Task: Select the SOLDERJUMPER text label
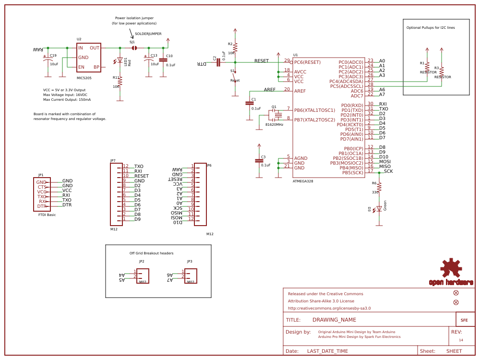[148, 34]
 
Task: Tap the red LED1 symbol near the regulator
[120, 60]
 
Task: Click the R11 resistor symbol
[120, 82]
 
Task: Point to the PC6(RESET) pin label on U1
[307, 62]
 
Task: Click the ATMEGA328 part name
[303, 181]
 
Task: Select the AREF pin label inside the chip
[300, 91]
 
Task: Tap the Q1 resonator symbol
[277, 115]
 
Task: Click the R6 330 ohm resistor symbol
[379, 187]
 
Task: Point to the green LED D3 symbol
[379, 209]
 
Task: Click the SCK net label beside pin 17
[388, 171]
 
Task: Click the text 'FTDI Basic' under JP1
[47, 215]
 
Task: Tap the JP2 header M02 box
[143, 276]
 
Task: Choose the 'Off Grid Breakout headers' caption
[151, 253]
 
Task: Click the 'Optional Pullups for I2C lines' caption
[431, 28]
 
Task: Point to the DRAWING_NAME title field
[334, 320]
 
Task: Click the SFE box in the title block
[464, 320]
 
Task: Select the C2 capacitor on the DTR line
[218, 62]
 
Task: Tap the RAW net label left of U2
[38, 49]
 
